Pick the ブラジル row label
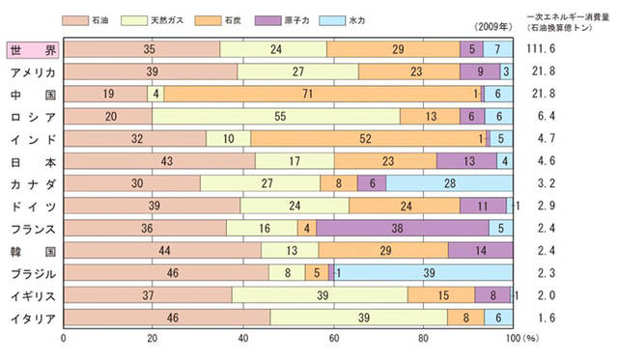pyautogui.click(x=31, y=272)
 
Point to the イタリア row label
pyautogui.click(x=31, y=317)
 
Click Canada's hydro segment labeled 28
pyautogui.click(x=449, y=183)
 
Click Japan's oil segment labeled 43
pyautogui.click(x=159, y=161)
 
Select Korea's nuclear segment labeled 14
pyautogui.click(x=480, y=250)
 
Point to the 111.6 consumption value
pyautogui.click(x=547, y=50)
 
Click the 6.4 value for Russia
pyautogui.click(x=547, y=117)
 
